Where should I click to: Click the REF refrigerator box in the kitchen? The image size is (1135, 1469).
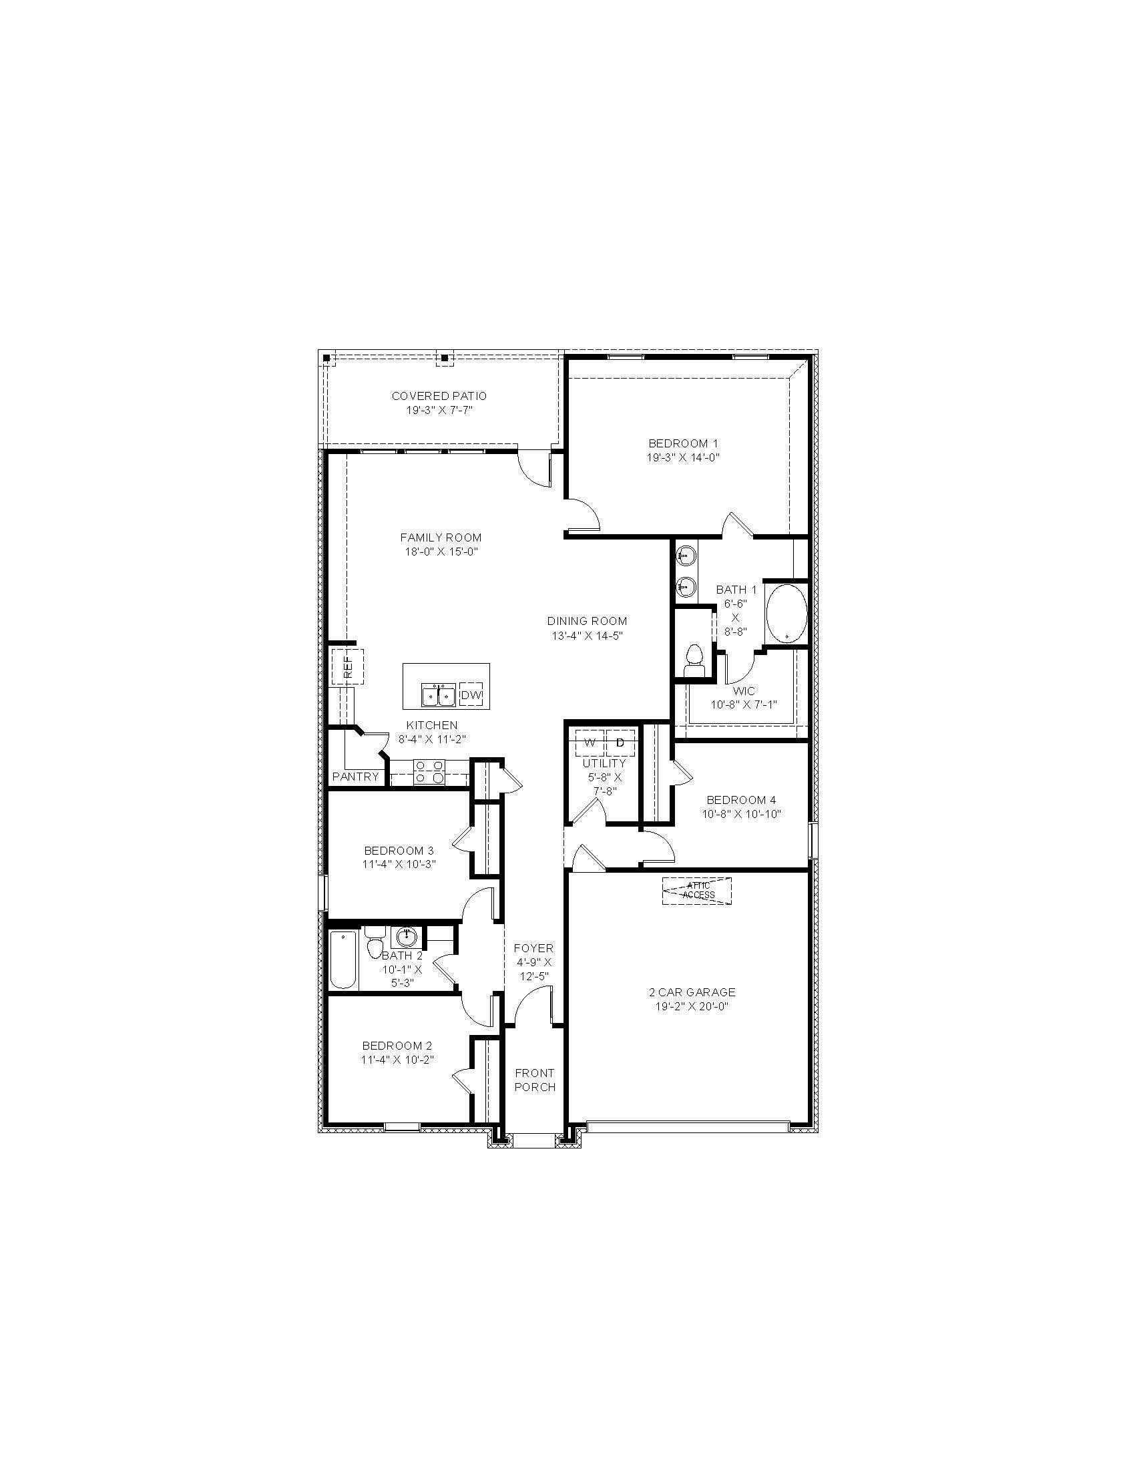347,666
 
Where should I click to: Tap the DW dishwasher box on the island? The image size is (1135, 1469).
471,696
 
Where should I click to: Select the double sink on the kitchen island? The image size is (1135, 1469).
439,695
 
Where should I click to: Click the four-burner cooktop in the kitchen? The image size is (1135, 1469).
429,771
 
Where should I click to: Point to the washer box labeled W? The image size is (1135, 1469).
590,743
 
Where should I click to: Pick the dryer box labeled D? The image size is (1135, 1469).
621,743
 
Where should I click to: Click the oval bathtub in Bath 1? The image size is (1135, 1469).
786,614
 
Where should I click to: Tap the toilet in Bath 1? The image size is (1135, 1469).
692,658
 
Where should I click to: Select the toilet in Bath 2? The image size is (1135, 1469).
375,941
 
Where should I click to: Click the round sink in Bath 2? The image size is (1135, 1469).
406,935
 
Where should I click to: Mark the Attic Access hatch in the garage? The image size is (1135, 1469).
697,891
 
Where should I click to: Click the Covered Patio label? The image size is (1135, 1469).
439,396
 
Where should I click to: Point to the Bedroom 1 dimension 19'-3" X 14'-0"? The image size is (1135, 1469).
683,457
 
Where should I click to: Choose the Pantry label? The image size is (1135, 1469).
356,777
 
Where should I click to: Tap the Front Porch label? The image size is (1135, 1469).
535,1080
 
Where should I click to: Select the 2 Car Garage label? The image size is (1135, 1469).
692,992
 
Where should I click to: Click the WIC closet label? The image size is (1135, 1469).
744,691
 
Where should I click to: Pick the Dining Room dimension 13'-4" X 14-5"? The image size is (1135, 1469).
587,635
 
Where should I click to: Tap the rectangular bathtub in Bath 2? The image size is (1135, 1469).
343,959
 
